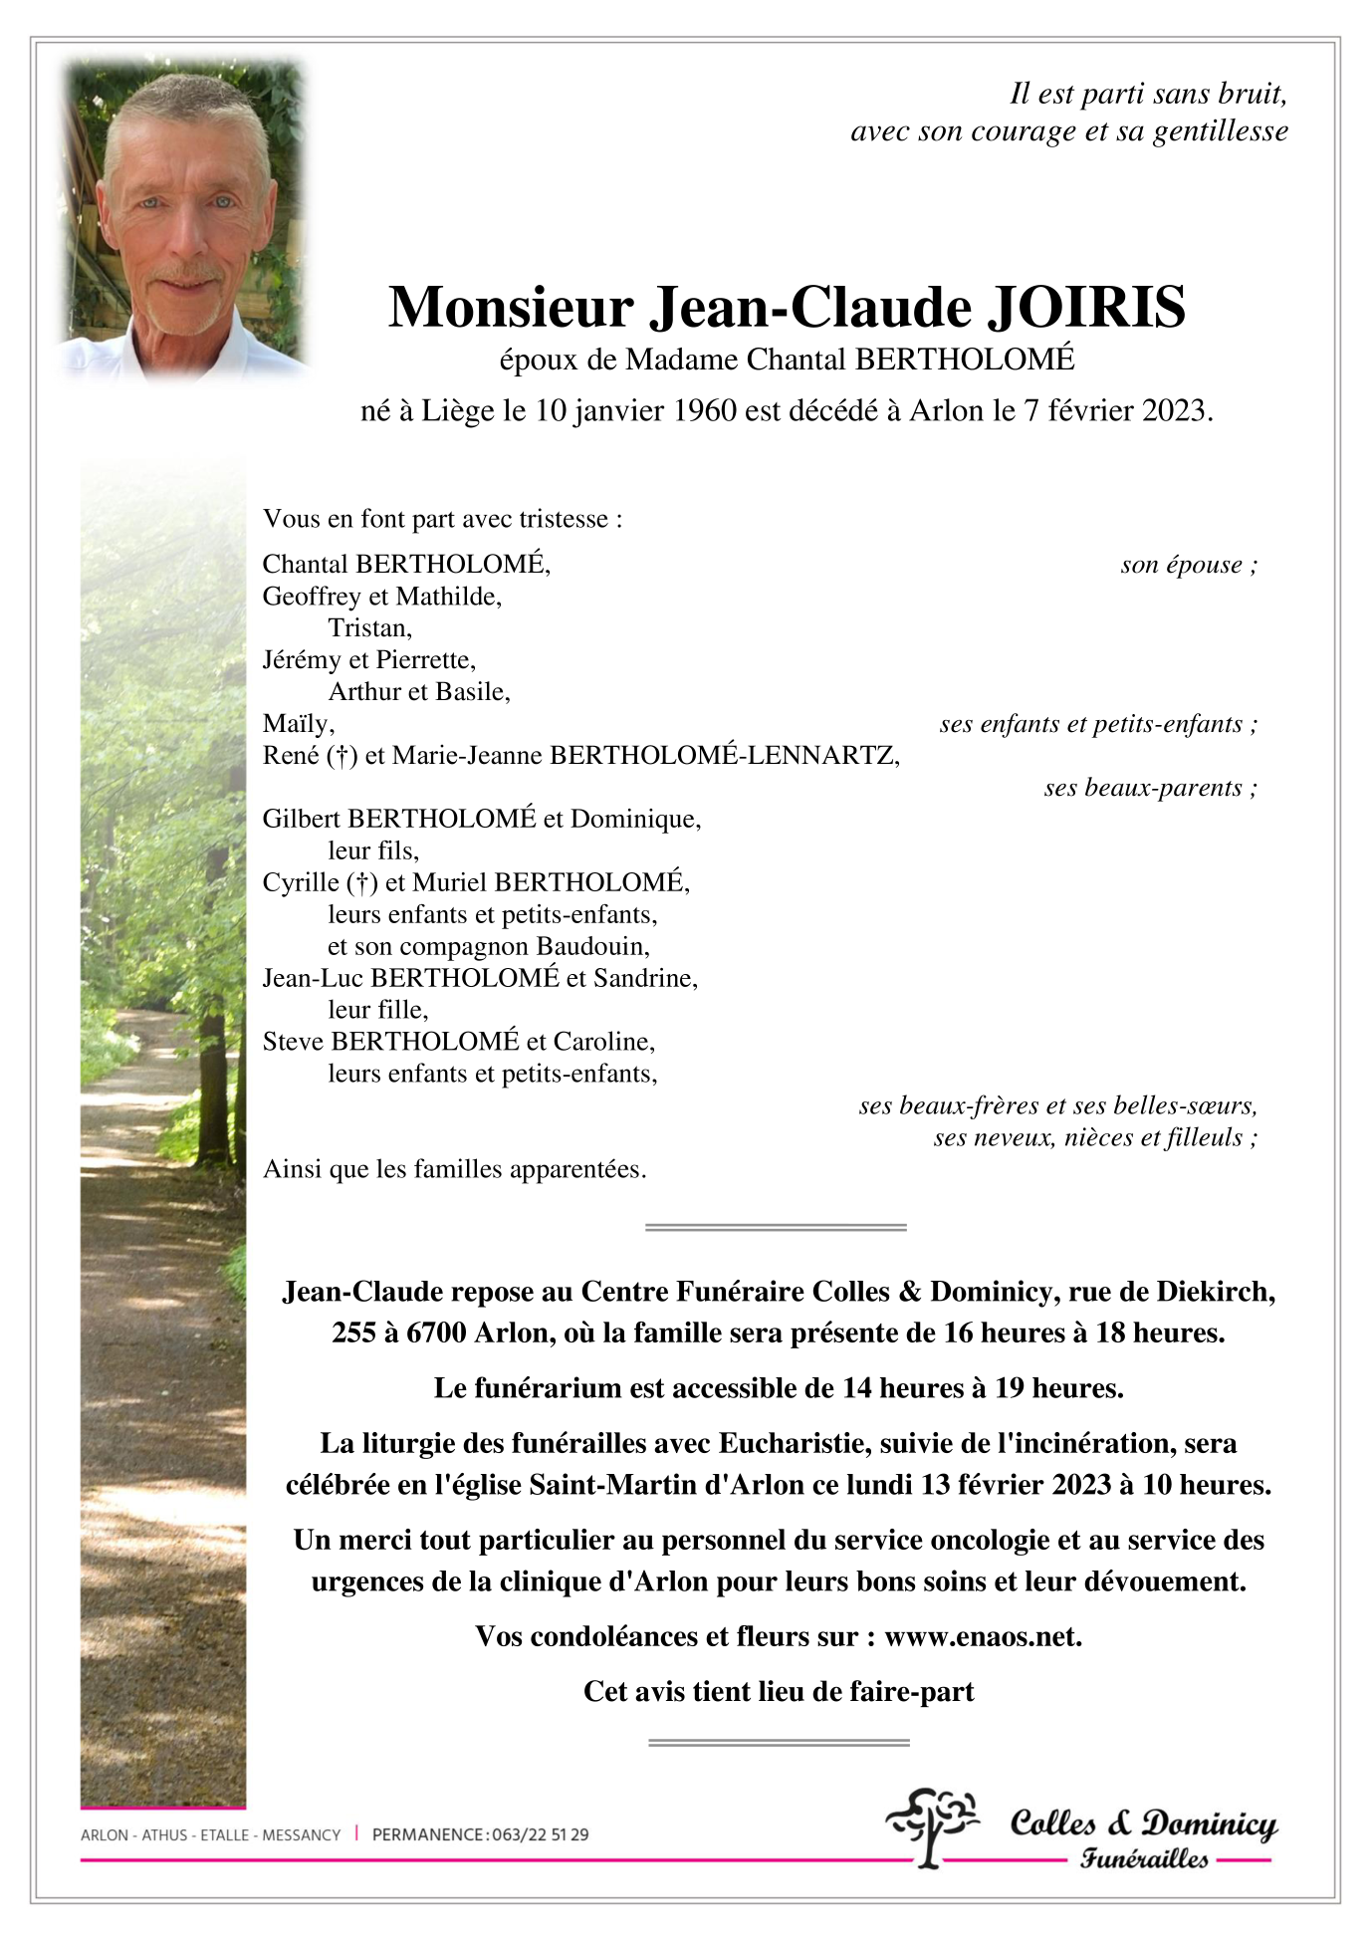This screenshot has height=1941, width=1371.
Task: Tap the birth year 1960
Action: coord(705,410)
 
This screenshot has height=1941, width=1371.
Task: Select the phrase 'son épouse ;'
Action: coord(1188,565)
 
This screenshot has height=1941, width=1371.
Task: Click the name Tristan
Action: coord(369,627)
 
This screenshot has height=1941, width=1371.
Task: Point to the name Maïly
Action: coord(298,723)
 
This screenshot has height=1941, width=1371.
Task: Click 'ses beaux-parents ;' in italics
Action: coord(1150,788)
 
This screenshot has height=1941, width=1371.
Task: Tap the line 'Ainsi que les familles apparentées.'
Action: coord(454,1169)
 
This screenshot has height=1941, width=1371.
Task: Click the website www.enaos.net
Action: coord(982,1637)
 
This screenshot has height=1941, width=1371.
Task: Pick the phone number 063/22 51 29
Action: coord(540,1834)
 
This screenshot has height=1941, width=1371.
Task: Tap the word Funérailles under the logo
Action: coord(1144,1859)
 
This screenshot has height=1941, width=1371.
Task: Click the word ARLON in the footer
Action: coord(104,1834)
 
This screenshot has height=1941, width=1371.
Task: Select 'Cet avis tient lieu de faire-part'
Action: coord(778,1692)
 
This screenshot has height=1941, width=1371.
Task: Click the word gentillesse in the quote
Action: coord(1220,131)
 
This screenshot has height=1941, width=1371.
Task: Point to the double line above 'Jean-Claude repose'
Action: coord(776,1228)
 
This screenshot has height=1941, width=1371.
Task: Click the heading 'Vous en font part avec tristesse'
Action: coord(442,519)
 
